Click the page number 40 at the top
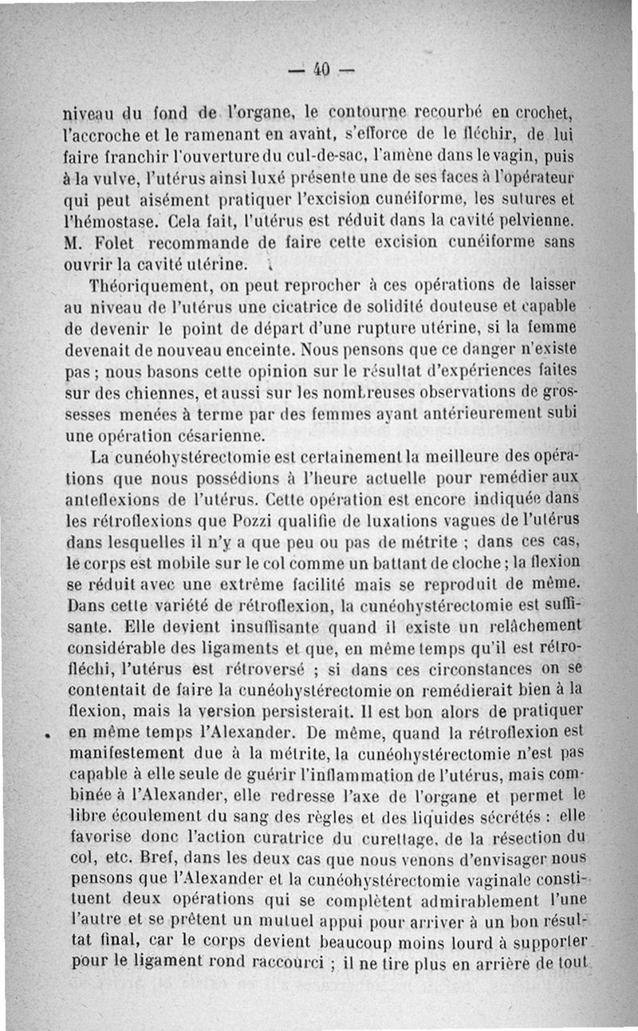coord(322,69)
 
